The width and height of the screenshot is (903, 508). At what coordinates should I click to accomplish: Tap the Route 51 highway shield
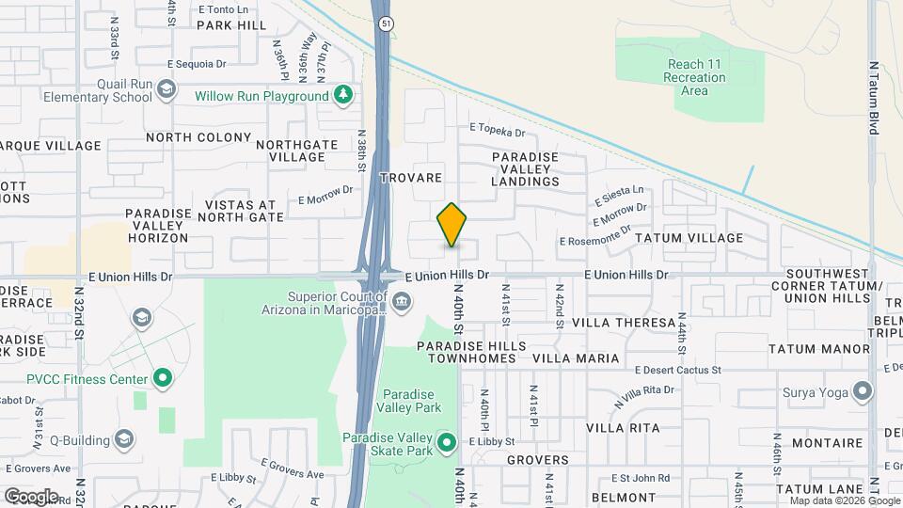coord(384,24)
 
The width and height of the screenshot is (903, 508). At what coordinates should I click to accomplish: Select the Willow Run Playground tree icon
coord(344,95)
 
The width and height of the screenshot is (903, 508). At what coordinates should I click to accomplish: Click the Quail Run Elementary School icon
coord(166,90)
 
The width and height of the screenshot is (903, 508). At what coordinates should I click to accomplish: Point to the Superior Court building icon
coord(402,300)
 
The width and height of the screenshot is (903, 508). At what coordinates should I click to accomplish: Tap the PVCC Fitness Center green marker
coord(163,379)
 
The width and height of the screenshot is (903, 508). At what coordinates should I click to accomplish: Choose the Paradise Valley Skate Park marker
coord(447,442)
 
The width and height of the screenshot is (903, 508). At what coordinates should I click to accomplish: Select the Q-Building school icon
coord(124,439)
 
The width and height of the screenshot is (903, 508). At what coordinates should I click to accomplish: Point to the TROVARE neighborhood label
coord(410,177)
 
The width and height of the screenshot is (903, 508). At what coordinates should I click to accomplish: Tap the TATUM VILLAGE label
coord(689,238)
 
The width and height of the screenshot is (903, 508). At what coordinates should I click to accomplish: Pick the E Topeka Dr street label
coord(497,130)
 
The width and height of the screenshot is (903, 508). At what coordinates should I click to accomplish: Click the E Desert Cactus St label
coord(677,370)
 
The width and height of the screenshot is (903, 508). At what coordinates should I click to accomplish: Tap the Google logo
coord(30,496)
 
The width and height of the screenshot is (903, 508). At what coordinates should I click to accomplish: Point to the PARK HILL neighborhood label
coord(232,25)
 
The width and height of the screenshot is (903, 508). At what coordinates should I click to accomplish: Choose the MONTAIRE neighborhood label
coord(828,442)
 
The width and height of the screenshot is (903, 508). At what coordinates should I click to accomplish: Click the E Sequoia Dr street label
coord(197,64)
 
